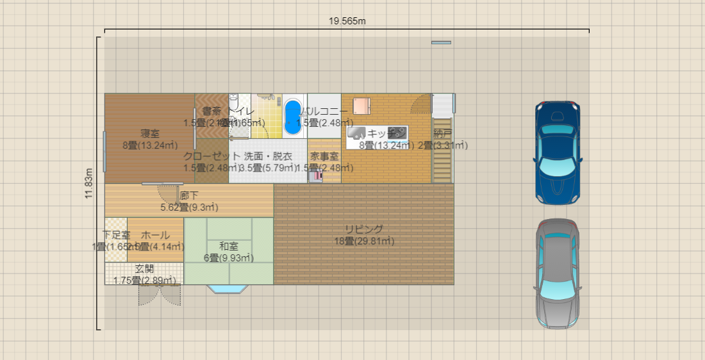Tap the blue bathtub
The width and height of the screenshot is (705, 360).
pyautogui.click(x=294, y=117)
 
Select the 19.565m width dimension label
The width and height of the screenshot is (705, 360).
pyautogui.click(x=347, y=20)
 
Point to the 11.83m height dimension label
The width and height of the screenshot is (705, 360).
pyautogui.click(x=89, y=184)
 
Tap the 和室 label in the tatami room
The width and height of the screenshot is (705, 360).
pyautogui.click(x=229, y=246)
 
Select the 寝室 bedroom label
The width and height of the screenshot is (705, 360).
pyautogui.click(x=150, y=134)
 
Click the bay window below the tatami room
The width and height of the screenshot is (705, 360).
pyautogui.click(x=228, y=289)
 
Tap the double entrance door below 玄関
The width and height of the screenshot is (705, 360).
pyautogui.click(x=160, y=295)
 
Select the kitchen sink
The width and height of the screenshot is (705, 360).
pyautogui.click(x=356, y=133)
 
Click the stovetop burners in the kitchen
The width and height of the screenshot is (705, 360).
pyautogui.click(x=397, y=133)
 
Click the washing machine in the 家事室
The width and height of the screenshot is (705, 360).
pyautogui.click(x=315, y=176)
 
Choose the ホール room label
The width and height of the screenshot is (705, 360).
pyautogui.click(x=155, y=235)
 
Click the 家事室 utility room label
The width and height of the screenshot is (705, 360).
pyautogui.click(x=325, y=156)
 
